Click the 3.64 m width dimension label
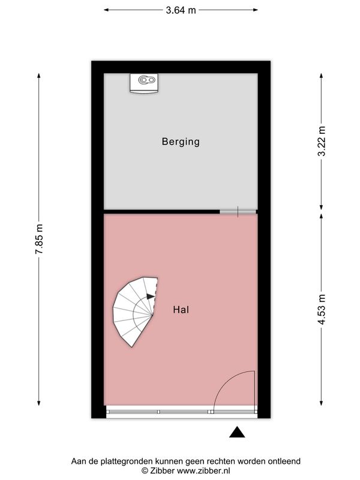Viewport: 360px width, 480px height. click(x=181, y=10)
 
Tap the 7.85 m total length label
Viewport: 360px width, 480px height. click(x=39, y=239)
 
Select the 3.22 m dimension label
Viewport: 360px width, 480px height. click(x=322, y=141)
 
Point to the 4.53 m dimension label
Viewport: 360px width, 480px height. click(x=322, y=309)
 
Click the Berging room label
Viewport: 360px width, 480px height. click(x=181, y=142)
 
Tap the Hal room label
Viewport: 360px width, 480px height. click(x=181, y=310)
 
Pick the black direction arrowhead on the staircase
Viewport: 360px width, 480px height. click(x=151, y=296)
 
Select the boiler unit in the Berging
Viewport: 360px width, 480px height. click(x=143, y=83)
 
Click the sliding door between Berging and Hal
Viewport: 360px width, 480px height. click(x=238, y=212)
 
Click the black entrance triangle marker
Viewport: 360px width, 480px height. click(x=237, y=432)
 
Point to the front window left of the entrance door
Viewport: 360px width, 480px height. click(x=158, y=412)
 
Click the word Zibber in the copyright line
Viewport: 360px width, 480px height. click(x=162, y=470)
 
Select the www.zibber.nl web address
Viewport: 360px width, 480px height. click(x=203, y=470)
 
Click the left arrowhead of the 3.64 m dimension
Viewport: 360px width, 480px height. click(x=106, y=10)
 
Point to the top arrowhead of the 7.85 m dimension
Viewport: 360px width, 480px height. click(x=39, y=76)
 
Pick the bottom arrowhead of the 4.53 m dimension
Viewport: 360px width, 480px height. click(x=322, y=403)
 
